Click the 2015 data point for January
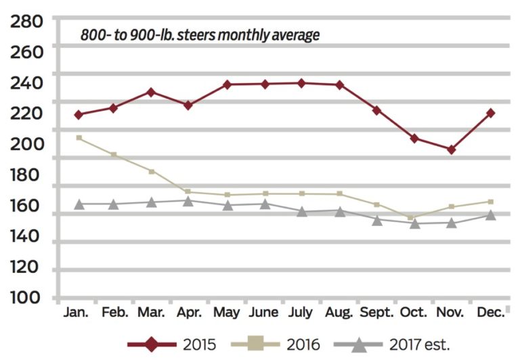[79, 115]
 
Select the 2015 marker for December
[490, 113]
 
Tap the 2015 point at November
[452, 150]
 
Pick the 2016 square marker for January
[79, 138]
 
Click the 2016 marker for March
[152, 171]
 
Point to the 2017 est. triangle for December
[490, 215]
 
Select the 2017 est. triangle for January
[79, 204]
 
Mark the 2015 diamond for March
[152, 92]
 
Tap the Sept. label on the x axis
[376, 313]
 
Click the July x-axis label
[301, 313]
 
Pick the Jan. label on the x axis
[79, 313]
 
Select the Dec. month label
[490, 313]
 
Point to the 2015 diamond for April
[188, 105]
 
